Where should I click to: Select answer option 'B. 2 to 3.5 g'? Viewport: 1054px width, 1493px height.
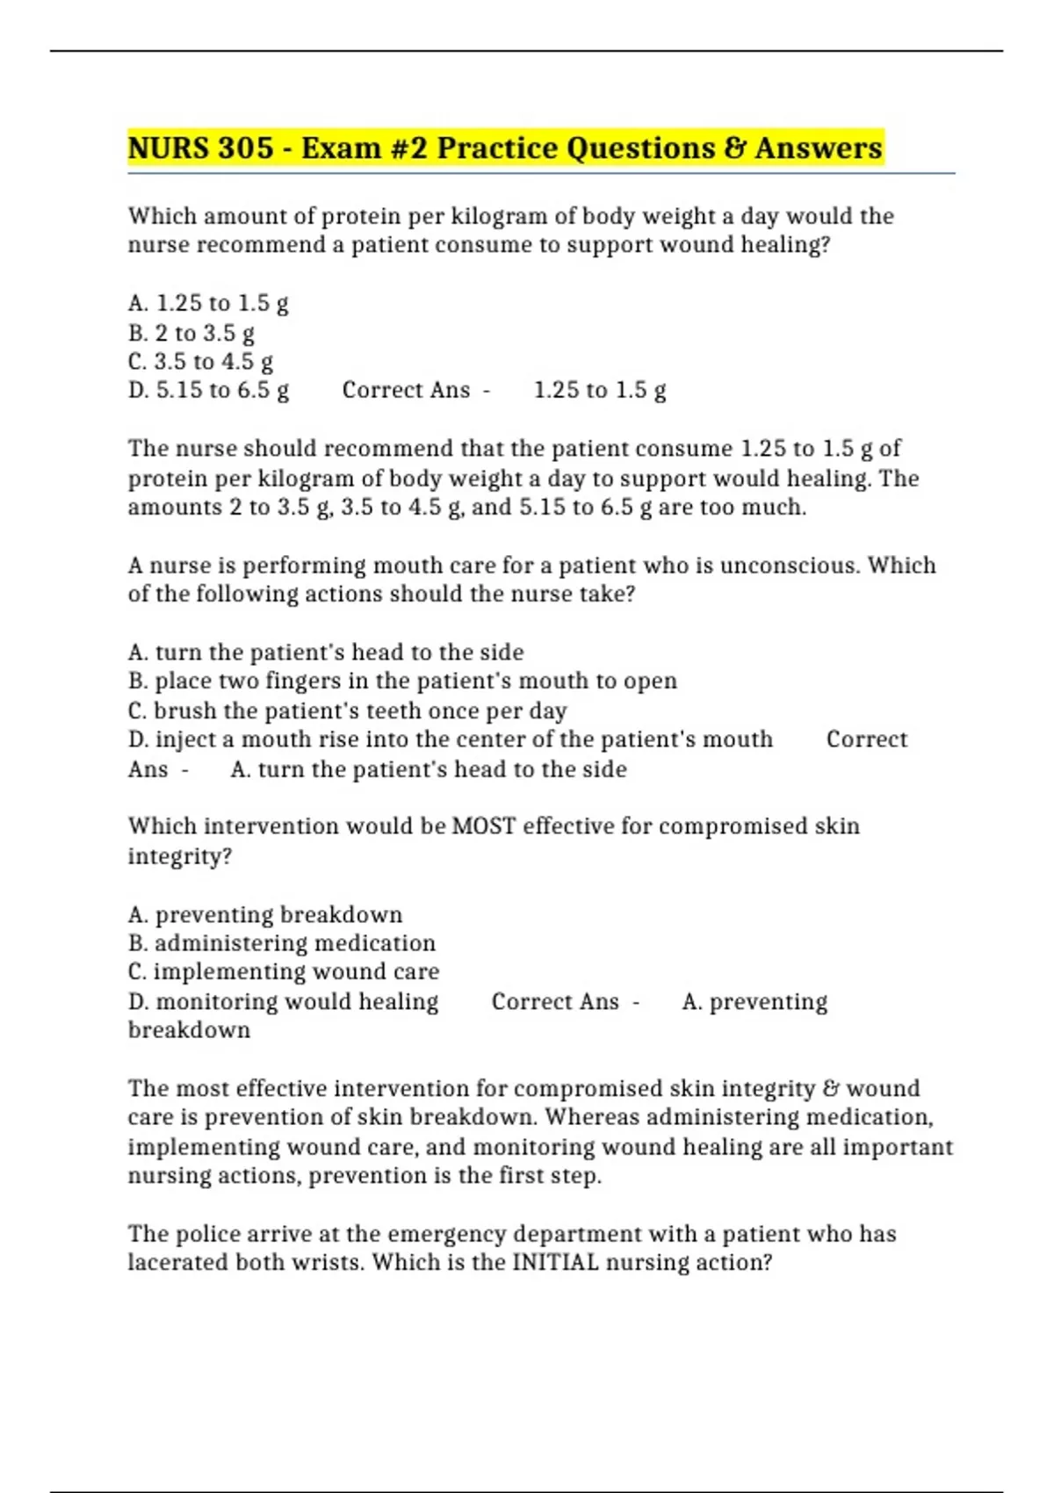tap(191, 333)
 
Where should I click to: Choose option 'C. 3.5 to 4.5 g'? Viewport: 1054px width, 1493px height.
tap(200, 362)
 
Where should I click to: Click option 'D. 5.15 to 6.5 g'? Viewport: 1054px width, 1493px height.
tap(208, 390)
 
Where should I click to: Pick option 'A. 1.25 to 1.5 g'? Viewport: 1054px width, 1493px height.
tap(208, 303)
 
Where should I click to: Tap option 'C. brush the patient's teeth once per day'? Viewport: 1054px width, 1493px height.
tap(347, 710)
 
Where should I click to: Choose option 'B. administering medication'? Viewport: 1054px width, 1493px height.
tap(281, 943)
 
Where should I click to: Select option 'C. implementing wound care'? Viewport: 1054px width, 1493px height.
tap(283, 971)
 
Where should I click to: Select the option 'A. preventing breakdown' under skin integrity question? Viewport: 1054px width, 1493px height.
tap(264, 914)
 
